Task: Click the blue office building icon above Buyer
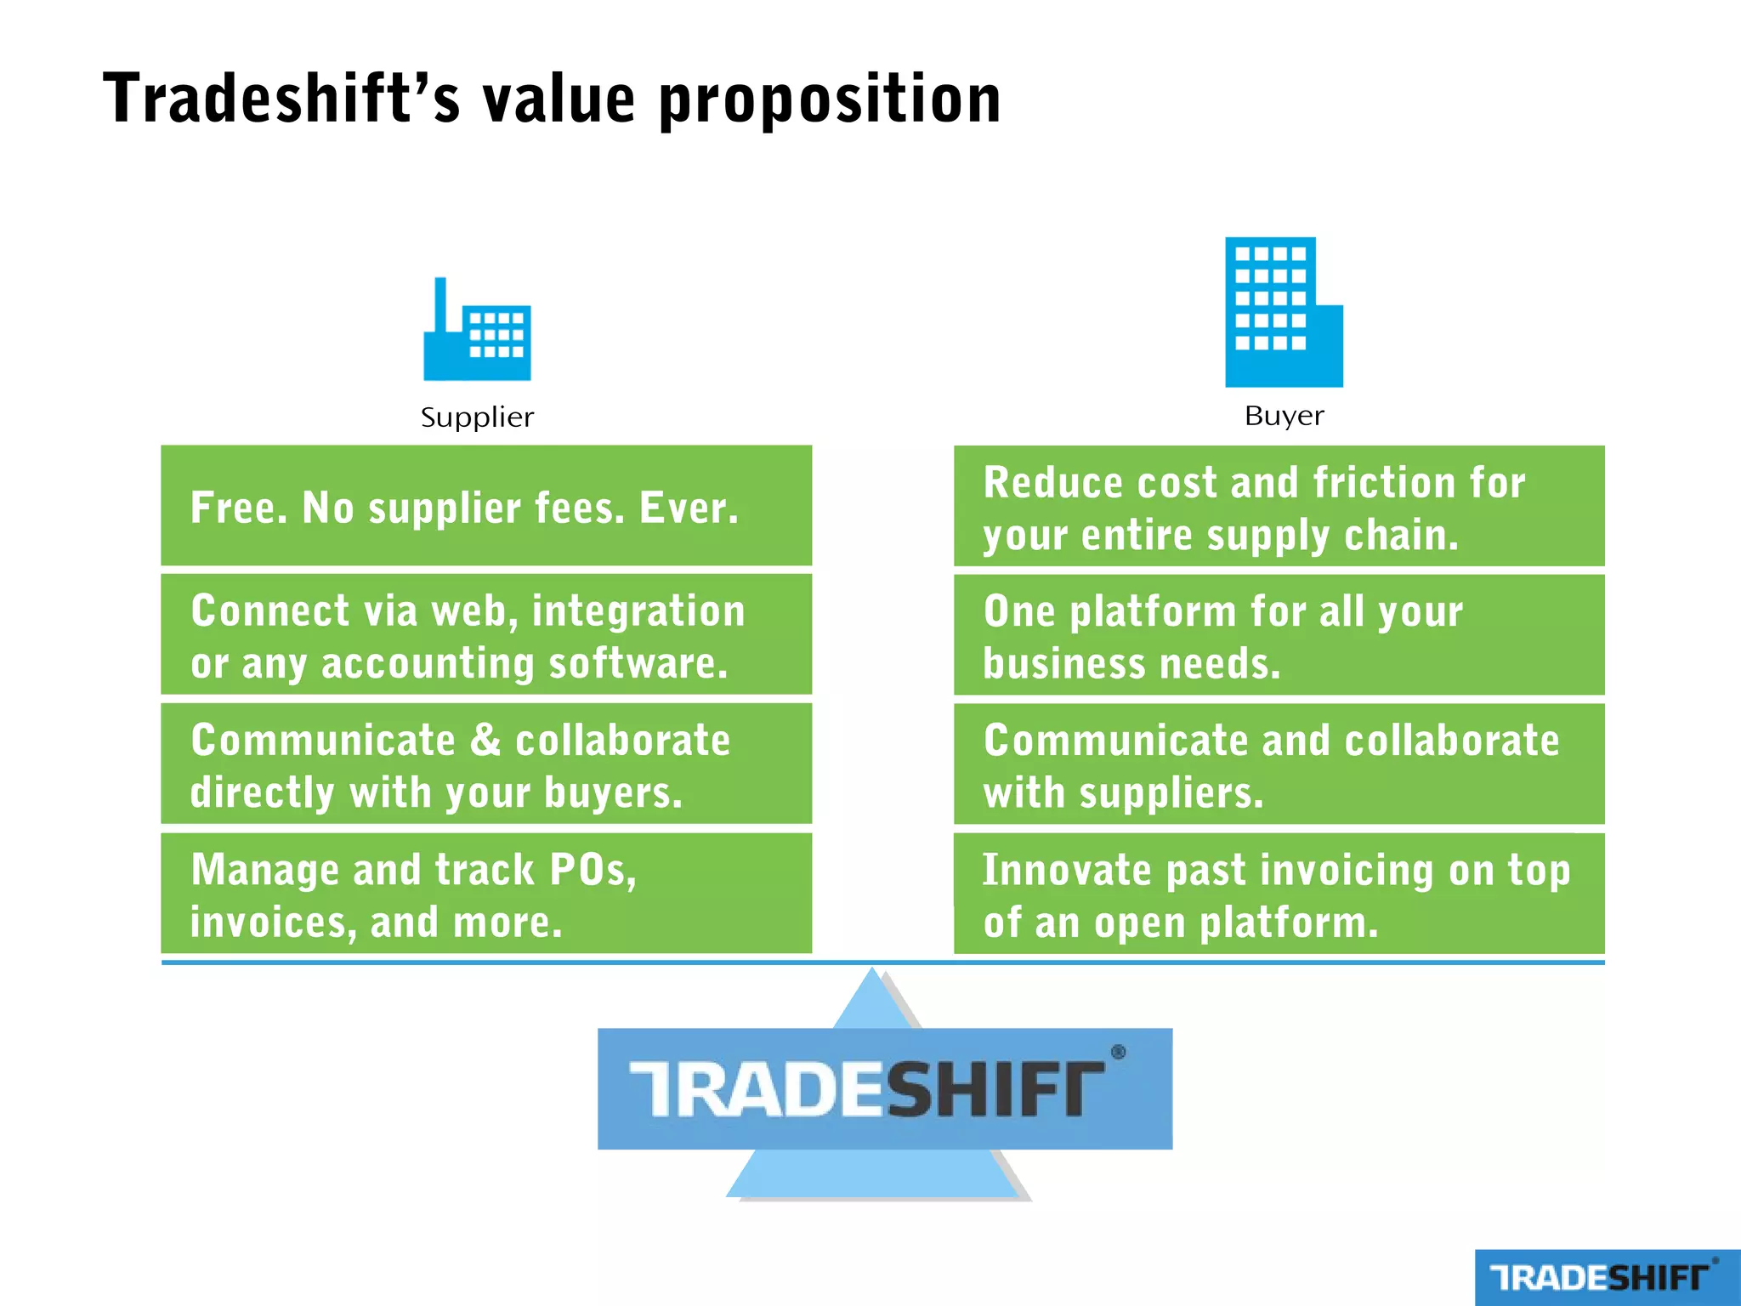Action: pyautogui.click(x=1283, y=312)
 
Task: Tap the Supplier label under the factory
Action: pyautogui.click(x=477, y=417)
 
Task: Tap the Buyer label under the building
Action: pyautogui.click(x=1284, y=416)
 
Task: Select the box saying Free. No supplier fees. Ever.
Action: pyautogui.click(x=486, y=506)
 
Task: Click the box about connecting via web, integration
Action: pyautogui.click(x=486, y=635)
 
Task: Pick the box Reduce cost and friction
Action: pyautogui.click(x=1279, y=507)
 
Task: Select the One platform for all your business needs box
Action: pyautogui.click(x=1279, y=636)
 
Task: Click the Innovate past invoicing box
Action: pyautogui.click(x=1279, y=894)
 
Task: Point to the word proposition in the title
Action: pyautogui.click(x=830, y=100)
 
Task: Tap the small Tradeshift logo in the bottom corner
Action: pyautogui.click(x=1606, y=1277)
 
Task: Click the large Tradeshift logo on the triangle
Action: pyautogui.click(x=884, y=1089)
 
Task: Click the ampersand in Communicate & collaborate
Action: pyautogui.click(x=485, y=740)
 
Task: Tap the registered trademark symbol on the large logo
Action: pyautogui.click(x=1118, y=1053)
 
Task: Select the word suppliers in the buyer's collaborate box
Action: pyautogui.click(x=1171, y=793)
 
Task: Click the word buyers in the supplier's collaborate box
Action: pyautogui.click(x=612, y=793)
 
